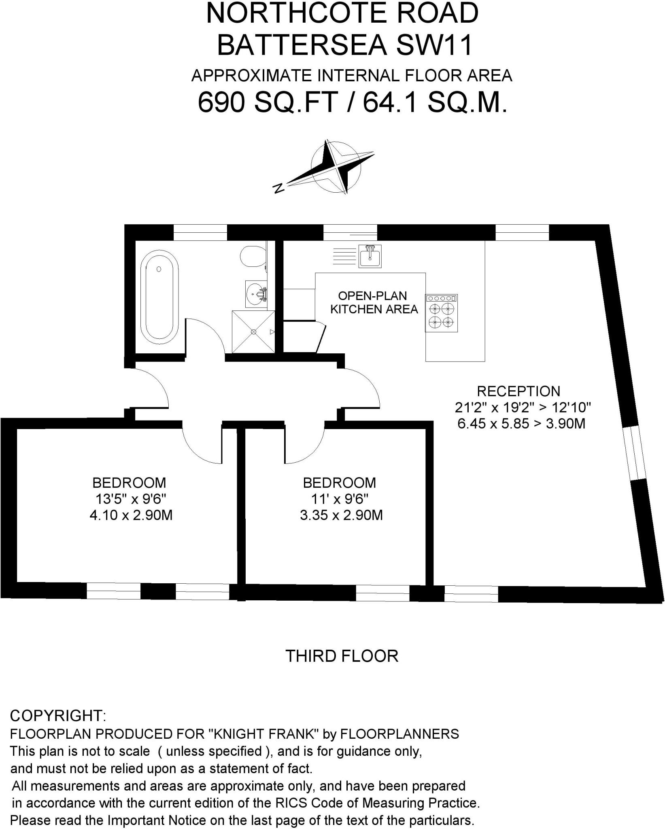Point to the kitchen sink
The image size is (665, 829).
coord(370,256)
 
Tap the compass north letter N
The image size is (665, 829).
coord(278,188)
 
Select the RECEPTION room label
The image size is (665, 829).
coord(518,391)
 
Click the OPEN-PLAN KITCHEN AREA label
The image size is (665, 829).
coord(374,302)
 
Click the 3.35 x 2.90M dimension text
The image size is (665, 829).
coord(341,515)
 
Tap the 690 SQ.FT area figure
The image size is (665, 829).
coord(268,102)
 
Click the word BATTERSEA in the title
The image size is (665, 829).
coord(302,45)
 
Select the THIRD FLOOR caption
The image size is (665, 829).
coord(342,656)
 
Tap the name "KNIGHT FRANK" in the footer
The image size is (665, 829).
coord(266,734)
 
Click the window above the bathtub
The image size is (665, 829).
coord(200,233)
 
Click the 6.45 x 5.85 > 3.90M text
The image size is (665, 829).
coord(521,424)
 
